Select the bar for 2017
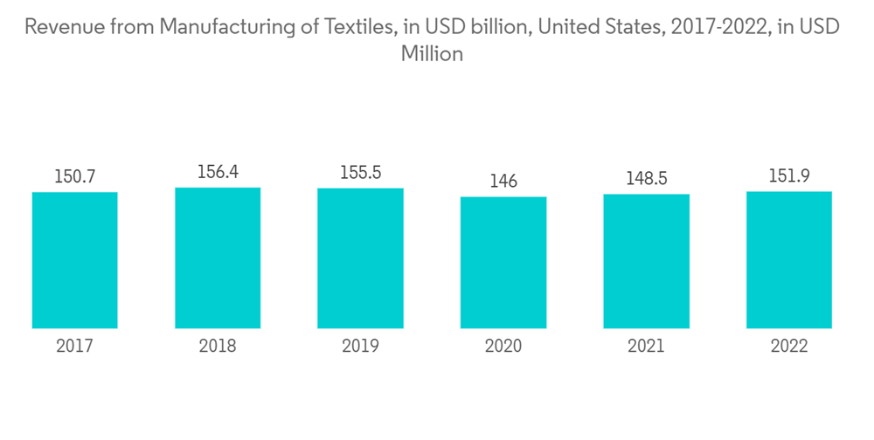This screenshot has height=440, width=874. tap(75, 260)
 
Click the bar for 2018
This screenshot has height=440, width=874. tap(218, 258)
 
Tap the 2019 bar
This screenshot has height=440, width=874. tap(360, 258)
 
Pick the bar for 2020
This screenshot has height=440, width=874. tap(503, 263)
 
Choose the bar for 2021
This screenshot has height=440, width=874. tap(646, 261)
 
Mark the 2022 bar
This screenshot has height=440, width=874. tap(789, 260)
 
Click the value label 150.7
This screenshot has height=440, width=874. tap(75, 176)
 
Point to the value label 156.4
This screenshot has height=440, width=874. tap(218, 172)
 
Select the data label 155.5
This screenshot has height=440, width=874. tap(360, 173)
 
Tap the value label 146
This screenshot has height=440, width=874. tap(503, 182)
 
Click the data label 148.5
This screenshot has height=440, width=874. tap(646, 179)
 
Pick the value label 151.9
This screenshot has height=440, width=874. tap(789, 176)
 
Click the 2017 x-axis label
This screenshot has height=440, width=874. tap(75, 346)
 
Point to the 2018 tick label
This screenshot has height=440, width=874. tap(218, 346)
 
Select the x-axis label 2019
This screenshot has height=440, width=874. tap(360, 346)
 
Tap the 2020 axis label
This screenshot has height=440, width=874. tap(503, 346)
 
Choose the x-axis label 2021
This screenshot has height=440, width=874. tap(646, 346)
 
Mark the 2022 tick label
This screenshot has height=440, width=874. tap(789, 346)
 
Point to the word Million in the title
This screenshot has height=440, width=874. tap(431, 54)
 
